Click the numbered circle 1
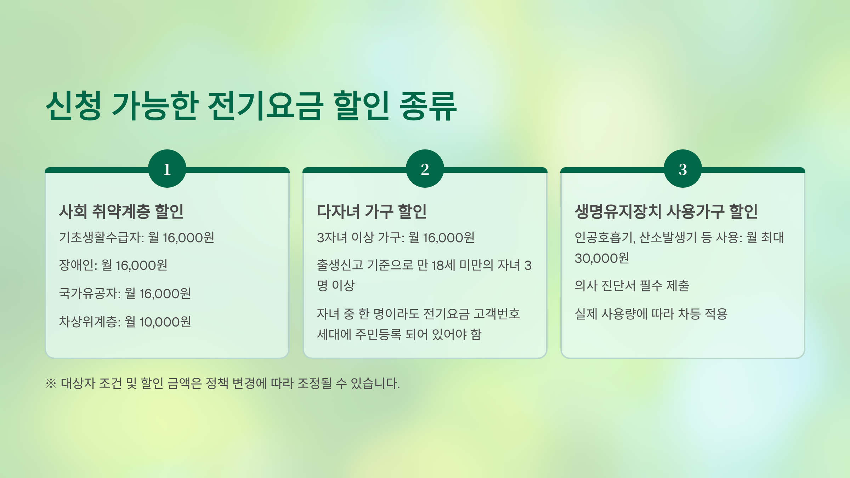pos(167,169)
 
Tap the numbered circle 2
pos(425,169)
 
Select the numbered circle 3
pos(682,169)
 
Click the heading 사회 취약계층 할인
pos(121,211)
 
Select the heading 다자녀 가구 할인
pos(372,211)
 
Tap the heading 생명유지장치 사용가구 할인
pos(666,211)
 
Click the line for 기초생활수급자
pos(136,238)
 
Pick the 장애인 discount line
pos(113,265)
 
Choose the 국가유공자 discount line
pos(125,294)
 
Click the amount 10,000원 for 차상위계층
pos(165,322)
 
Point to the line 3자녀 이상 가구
pos(395,238)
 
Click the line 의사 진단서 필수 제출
pos(631,285)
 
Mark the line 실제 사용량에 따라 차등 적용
pos(651,314)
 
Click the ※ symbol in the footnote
pos(51,383)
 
